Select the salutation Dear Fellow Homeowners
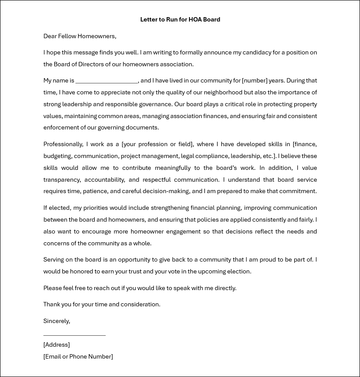(x=79, y=36)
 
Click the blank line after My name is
(x=107, y=81)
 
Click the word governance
(x=155, y=104)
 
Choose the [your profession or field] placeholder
(x=157, y=144)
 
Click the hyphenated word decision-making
(x=167, y=191)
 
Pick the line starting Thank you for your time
(x=102, y=305)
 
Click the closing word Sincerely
(x=57, y=321)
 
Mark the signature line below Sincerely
(x=75, y=334)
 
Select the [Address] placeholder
(x=57, y=345)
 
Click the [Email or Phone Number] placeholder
(x=78, y=357)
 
